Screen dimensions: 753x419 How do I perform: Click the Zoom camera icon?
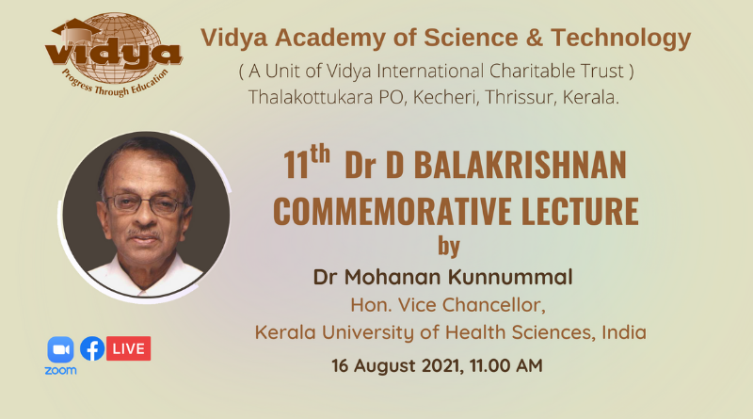60,349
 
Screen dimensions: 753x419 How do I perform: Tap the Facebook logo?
92,348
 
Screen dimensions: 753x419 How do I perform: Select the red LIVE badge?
128,348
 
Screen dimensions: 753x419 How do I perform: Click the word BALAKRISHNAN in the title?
521,165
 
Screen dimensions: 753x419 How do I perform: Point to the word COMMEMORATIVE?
393,211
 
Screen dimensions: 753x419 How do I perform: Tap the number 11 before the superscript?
296,165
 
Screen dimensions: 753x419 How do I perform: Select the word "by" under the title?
449,247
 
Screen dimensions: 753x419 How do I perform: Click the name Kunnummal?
510,277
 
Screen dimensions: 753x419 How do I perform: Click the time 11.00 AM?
506,365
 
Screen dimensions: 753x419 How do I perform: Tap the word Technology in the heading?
621,39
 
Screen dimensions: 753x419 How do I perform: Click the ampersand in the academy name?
534,38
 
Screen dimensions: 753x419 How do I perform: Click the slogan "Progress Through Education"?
114,83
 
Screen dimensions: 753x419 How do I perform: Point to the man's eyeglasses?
146,204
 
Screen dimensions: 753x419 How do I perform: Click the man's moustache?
143,234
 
